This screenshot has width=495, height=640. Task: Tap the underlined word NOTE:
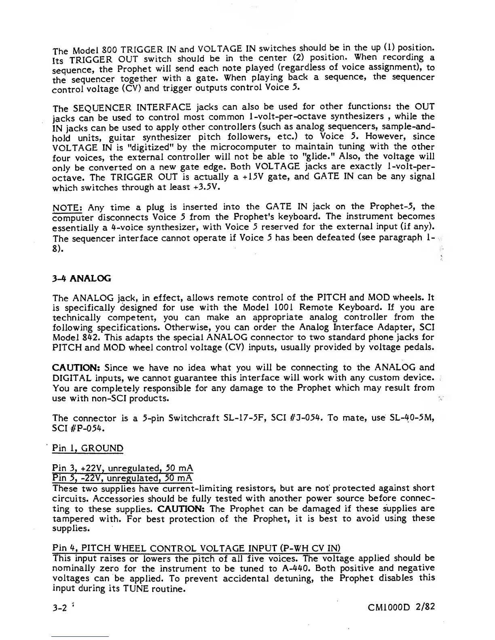pos(68,208)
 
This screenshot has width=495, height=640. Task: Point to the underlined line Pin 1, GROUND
pos(88,448)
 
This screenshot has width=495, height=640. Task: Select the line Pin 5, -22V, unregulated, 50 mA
pos(123,478)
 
